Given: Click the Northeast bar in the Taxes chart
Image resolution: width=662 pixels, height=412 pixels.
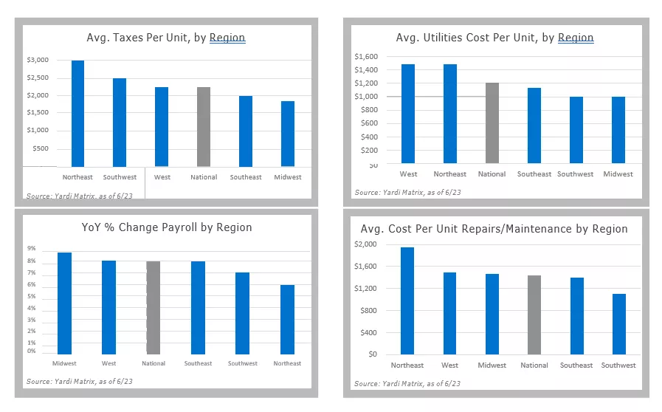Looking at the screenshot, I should coord(77,114).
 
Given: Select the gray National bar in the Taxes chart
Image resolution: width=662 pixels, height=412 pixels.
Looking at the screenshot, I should coord(204,127).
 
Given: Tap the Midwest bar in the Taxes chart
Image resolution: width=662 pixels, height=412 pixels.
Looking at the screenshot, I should coord(287,134).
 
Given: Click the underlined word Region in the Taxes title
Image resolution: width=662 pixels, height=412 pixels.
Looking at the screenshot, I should coord(227,38).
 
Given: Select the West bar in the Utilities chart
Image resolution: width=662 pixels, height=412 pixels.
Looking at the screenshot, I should coord(408,114).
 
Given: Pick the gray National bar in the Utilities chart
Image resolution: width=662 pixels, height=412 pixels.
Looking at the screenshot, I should coord(492,123).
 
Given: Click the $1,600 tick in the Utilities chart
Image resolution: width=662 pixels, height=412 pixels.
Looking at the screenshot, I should coord(365,56).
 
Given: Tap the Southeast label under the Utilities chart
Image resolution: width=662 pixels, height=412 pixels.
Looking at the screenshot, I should coord(534,174).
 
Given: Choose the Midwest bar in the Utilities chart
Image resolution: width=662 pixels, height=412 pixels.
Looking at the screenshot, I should coord(618,130).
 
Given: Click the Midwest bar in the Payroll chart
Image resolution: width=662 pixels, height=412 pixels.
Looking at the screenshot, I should coord(64,303).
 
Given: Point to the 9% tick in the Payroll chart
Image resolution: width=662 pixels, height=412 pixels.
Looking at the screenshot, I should coord(32,249).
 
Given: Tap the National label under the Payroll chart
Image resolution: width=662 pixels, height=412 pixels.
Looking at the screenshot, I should coord(154,363).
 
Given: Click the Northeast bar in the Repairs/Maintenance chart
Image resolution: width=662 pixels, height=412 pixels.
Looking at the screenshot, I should coord(407,301).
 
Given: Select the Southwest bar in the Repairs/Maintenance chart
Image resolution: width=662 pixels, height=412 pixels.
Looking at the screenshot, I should coord(618,324).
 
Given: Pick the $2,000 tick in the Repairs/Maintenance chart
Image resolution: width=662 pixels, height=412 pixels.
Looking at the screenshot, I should coord(365,244).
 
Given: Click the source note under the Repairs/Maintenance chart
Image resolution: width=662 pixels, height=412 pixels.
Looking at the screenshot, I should coord(407,384).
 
